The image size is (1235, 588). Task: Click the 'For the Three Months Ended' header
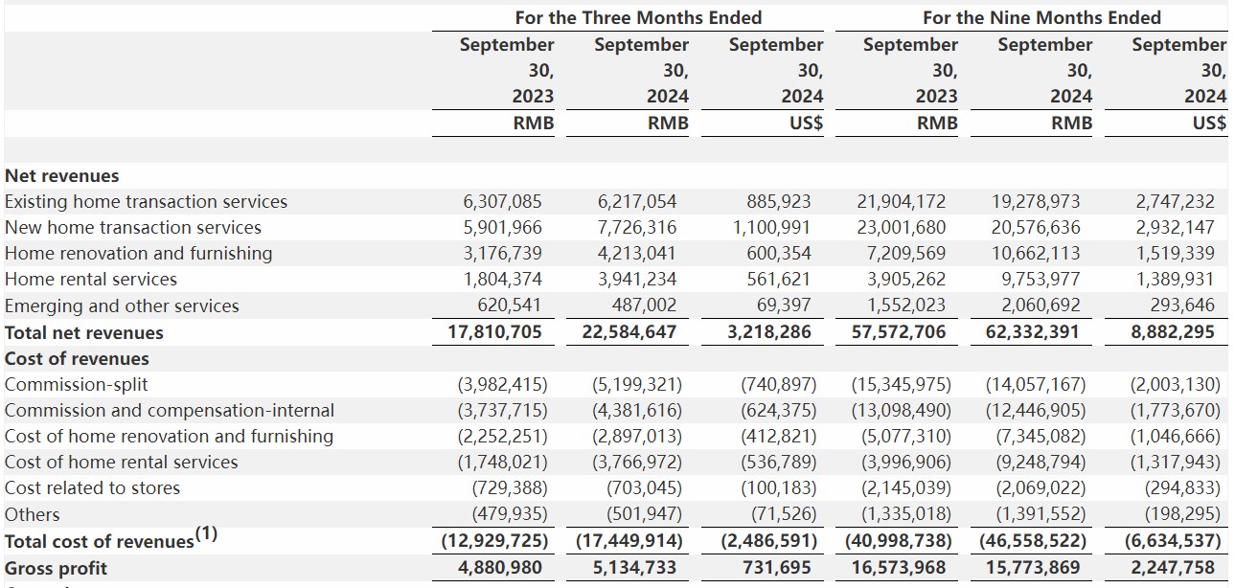[638, 17]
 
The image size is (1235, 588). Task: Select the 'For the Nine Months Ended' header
[1041, 17]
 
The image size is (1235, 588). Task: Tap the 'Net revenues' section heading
[61, 176]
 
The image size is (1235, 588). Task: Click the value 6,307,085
[502, 202]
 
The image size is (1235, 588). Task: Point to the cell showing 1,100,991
[771, 228]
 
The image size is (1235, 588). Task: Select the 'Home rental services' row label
[91, 280]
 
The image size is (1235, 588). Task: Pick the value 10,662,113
[1036, 254]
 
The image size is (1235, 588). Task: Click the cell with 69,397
[784, 305]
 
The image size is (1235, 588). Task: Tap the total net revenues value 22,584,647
[629, 331]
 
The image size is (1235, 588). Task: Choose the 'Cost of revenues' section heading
[77, 359]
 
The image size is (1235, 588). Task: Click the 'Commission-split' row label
[76, 385]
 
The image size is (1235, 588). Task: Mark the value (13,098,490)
[901, 411]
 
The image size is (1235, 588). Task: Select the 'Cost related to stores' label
[92, 488]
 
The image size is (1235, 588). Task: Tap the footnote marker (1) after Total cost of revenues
[207, 533]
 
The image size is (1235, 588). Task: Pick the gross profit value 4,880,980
[500, 567]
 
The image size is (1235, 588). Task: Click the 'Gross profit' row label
[56, 568]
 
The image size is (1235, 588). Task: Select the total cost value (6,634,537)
[1173, 541]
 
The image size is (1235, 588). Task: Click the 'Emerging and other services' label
[122, 305]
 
